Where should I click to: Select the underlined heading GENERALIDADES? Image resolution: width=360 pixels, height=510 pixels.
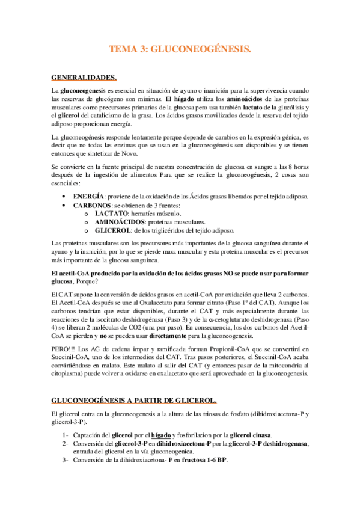click(84, 77)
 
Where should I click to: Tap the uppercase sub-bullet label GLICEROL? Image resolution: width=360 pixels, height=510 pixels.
click(115, 230)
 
